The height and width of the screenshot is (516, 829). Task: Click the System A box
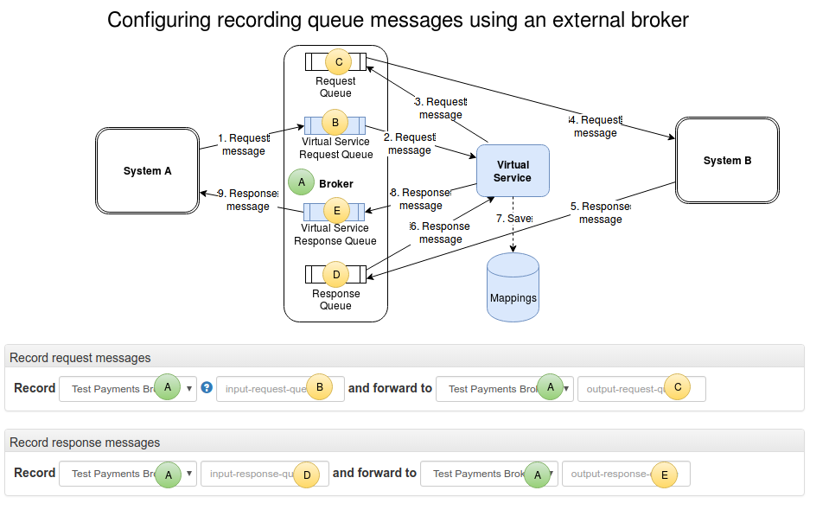[147, 171]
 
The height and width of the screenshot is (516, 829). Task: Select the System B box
[727, 161]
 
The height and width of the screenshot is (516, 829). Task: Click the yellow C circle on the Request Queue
[338, 61]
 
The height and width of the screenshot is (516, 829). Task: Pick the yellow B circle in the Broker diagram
[335, 122]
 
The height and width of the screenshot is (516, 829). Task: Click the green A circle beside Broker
[301, 182]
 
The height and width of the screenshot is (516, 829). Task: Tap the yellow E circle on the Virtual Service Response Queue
[335, 210]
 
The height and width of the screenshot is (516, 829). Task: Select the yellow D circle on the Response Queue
[335, 275]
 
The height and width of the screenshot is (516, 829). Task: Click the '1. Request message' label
[244, 144]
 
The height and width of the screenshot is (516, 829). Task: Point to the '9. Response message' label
[248, 201]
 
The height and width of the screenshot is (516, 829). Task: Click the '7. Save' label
[513, 219]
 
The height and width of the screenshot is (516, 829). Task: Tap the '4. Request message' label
[596, 126]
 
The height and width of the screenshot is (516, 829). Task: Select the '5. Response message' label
[601, 213]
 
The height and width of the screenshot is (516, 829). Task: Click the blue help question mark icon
[207, 387]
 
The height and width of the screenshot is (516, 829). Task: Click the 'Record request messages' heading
[80, 358]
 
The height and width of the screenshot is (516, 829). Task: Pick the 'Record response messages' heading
[85, 443]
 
